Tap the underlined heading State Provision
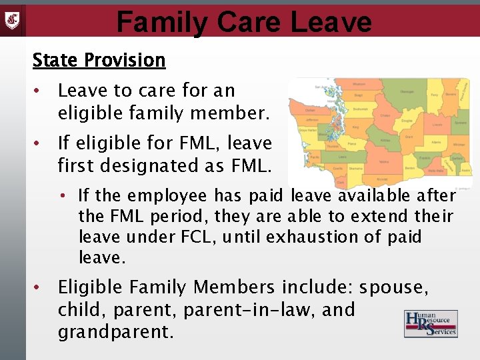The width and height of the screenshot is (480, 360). (99, 60)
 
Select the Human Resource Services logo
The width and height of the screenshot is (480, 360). (430, 324)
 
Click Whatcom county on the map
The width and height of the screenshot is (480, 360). (358, 85)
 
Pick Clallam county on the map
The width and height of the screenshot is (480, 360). (310, 111)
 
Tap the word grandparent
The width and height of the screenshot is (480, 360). (115, 332)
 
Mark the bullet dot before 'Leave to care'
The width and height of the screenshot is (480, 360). (39, 90)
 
